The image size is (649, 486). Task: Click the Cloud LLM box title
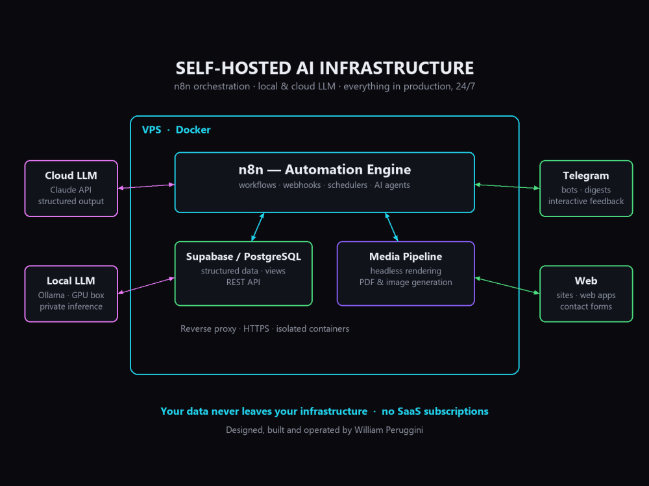tap(71, 176)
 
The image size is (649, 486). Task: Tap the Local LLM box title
tap(71, 281)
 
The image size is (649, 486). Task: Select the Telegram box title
tap(585, 176)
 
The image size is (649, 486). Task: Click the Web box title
tap(585, 281)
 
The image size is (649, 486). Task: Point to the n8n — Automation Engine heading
tap(324, 169)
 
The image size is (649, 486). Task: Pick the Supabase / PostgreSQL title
tap(243, 257)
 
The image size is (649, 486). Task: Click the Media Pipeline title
tap(406, 257)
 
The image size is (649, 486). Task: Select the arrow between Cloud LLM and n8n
tap(146, 187)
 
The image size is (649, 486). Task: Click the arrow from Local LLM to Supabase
tap(146, 286)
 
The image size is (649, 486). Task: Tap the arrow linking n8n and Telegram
tap(507, 187)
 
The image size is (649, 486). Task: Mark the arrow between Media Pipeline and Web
tap(507, 286)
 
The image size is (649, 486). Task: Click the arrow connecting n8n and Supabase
tap(258, 227)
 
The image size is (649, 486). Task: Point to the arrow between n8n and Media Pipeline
tap(391, 227)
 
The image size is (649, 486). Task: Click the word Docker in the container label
tap(193, 130)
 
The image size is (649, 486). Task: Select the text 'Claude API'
tap(71, 190)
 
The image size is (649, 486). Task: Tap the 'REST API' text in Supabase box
tap(243, 283)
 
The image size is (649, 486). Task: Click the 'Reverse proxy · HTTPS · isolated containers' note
tap(265, 329)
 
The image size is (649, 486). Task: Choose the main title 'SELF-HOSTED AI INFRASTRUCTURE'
tap(324, 68)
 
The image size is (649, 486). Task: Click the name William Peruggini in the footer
tap(389, 430)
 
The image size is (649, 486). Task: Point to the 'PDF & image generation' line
tap(406, 283)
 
